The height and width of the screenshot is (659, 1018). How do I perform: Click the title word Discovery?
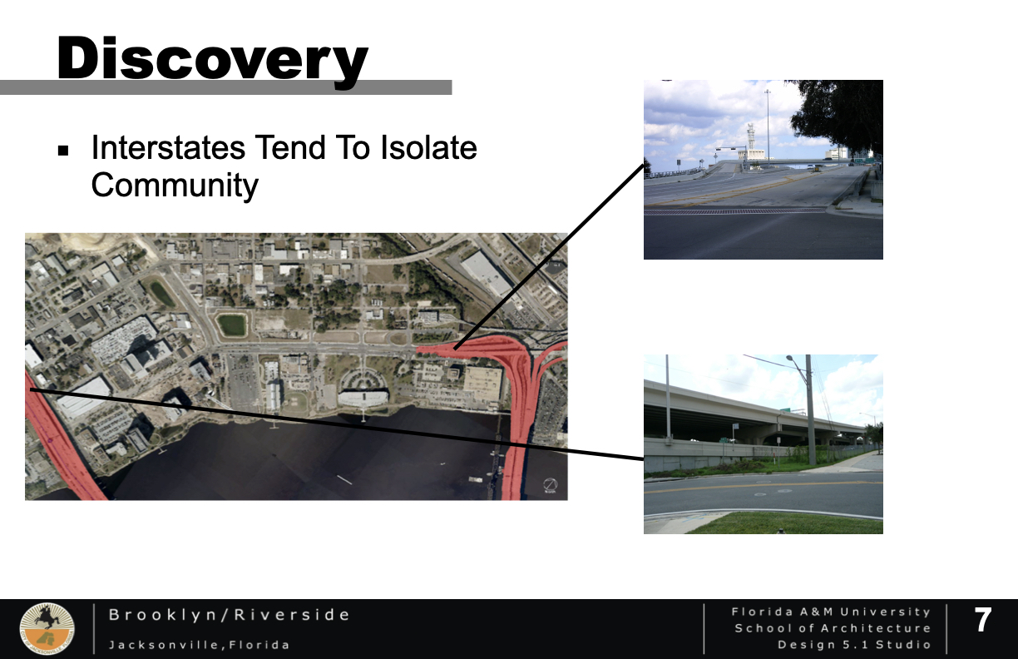212,59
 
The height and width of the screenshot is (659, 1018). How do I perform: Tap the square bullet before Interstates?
63,151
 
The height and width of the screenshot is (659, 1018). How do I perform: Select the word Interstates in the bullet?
168,148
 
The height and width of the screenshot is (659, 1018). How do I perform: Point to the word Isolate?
428,148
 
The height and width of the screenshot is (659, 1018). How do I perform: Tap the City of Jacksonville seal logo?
47,628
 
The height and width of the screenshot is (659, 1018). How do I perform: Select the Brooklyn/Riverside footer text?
229,615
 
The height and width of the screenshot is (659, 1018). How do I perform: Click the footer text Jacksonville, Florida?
199,645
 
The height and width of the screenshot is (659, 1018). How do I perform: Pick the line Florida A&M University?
831,612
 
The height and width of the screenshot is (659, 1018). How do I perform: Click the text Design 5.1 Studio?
854,645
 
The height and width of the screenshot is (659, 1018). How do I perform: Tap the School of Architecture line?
833,628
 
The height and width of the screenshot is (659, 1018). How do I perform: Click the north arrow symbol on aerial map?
551,485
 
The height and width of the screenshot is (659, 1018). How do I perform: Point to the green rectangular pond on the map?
232,325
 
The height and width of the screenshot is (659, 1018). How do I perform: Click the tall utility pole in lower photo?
810,409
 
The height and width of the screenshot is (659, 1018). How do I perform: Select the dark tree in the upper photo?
838,116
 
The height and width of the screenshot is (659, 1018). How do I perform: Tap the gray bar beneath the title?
226,87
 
